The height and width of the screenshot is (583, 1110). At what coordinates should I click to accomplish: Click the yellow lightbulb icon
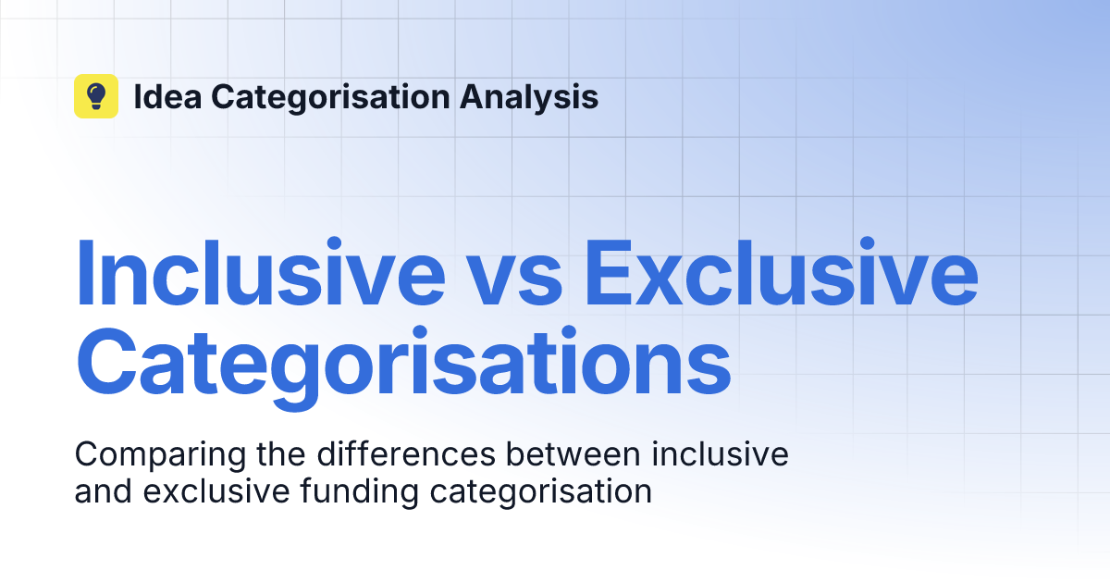[x=96, y=96]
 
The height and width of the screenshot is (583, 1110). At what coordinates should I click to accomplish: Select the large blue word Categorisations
[x=402, y=364]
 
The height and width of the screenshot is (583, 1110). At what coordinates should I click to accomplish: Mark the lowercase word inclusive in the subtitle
[x=720, y=454]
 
